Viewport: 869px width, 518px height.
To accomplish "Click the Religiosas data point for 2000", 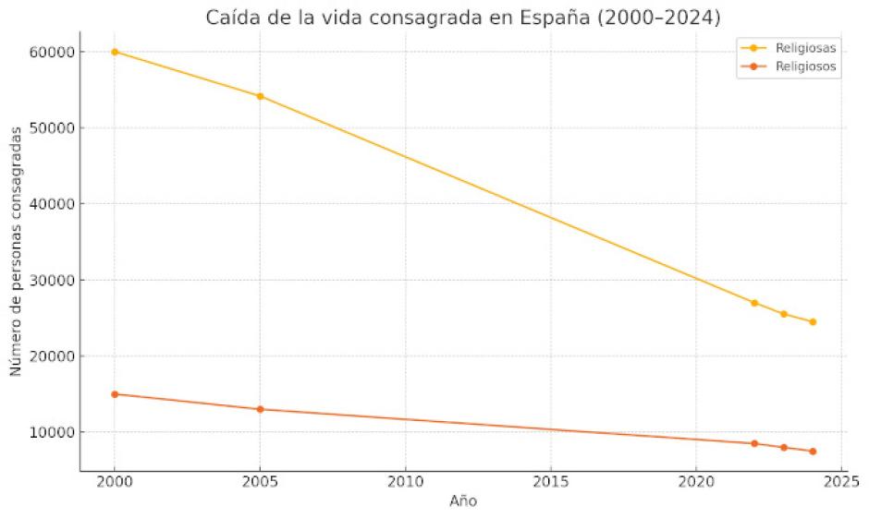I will click(115, 52).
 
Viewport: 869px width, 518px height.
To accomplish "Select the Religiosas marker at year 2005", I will click(260, 96).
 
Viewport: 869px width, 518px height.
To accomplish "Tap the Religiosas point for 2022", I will click(754, 303).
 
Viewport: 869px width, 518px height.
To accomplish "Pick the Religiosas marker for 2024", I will click(813, 322).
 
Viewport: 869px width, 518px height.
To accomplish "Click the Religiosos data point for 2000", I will click(115, 394).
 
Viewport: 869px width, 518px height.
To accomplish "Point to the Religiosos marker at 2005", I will click(260, 409).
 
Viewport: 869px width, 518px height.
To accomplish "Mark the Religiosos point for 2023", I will click(784, 448).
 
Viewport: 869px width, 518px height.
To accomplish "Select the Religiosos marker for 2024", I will click(813, 452).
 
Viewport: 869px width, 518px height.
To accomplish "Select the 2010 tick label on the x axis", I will click(405, 482).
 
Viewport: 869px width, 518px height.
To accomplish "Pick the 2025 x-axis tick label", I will click(841, 482).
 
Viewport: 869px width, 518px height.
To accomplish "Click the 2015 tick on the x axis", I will click(551, 482).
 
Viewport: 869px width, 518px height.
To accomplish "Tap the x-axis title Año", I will click(463, 501).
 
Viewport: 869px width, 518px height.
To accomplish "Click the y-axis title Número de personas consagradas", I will click(17, 251).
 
